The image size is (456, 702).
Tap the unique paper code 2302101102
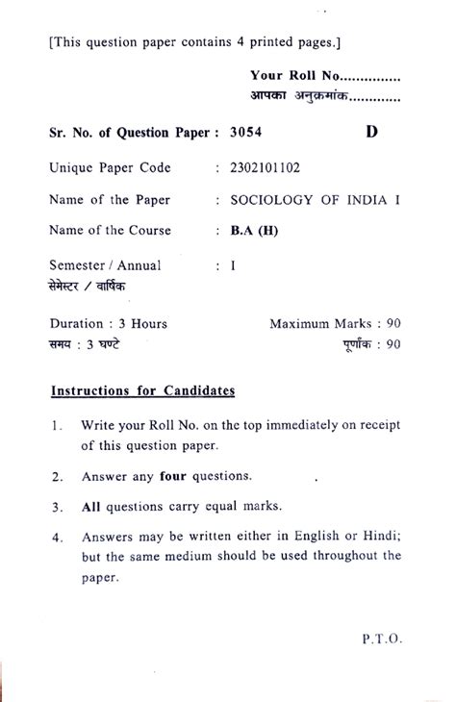point(266,167)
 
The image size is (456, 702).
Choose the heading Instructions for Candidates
point(142,392)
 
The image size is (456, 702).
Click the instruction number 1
point(59,425)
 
